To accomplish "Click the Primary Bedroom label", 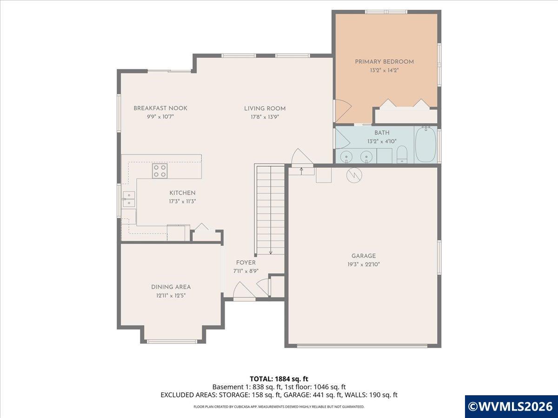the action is click(384, 62).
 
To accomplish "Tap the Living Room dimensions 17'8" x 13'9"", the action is click(265, 117).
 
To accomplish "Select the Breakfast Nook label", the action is click(160, 108).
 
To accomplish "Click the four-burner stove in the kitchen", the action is click(159, 171).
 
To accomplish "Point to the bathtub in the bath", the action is click(425, 144).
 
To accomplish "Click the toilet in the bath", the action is click(402, 154).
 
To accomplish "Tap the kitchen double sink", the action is click(129, 199).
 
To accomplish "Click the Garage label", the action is click(364, 256).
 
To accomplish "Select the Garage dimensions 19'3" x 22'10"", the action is click(364, 264).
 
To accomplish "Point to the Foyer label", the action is click(246, 263).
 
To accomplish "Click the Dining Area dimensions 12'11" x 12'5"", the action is click(171, 296).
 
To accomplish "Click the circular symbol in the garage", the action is click(354, 175).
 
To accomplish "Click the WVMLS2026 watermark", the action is click(511, 406).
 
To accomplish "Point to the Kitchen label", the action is click(182, 193).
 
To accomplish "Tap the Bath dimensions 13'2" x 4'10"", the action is click(382, 141).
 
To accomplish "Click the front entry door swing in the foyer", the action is click(245, 290).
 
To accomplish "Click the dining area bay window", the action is click(172, 341).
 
